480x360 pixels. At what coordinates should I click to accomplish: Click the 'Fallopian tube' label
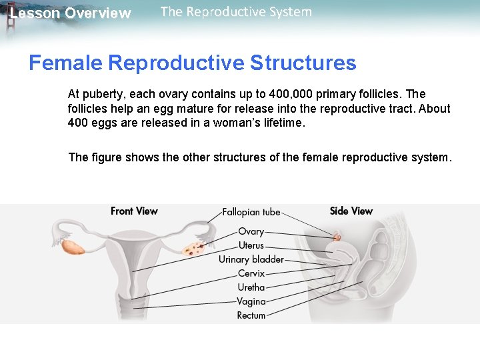tap(251, 212)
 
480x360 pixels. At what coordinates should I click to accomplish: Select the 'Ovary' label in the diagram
tap(251, 231)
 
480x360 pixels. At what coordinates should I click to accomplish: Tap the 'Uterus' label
tap(251, 245)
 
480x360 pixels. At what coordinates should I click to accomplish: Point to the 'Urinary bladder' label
tap(251, 259)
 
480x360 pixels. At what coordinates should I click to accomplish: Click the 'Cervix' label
tap(251, 273)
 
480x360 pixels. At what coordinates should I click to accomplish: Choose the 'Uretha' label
tap(251, 287)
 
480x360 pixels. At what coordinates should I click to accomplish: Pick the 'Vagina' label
tap(251, 301)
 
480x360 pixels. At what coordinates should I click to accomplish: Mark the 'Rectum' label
tap(251, 315)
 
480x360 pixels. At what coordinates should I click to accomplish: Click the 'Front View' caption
tap(134, 211)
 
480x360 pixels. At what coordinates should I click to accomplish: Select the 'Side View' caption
tap(351, 211)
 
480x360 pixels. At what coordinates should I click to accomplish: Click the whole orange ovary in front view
tap(73, 247)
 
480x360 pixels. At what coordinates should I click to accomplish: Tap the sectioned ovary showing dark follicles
tap(193, 250)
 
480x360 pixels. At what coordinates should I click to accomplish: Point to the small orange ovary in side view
tap(337, 235)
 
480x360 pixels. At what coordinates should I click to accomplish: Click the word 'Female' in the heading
tap(65, 63)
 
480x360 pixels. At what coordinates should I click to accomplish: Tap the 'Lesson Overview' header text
tap(71, 13)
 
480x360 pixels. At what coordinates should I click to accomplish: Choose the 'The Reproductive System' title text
tap(236, 12)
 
